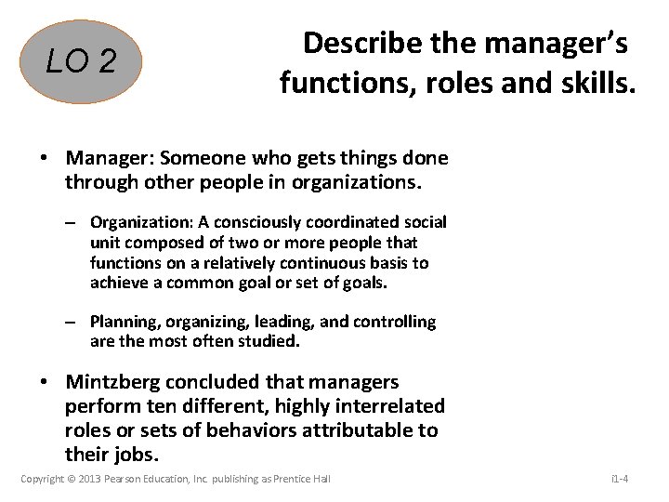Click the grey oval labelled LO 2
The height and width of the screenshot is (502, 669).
pos(83,61)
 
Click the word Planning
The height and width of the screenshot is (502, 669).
pos(124,322)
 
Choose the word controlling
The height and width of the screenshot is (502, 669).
pos(389,322)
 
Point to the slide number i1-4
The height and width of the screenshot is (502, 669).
pos(620,479)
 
